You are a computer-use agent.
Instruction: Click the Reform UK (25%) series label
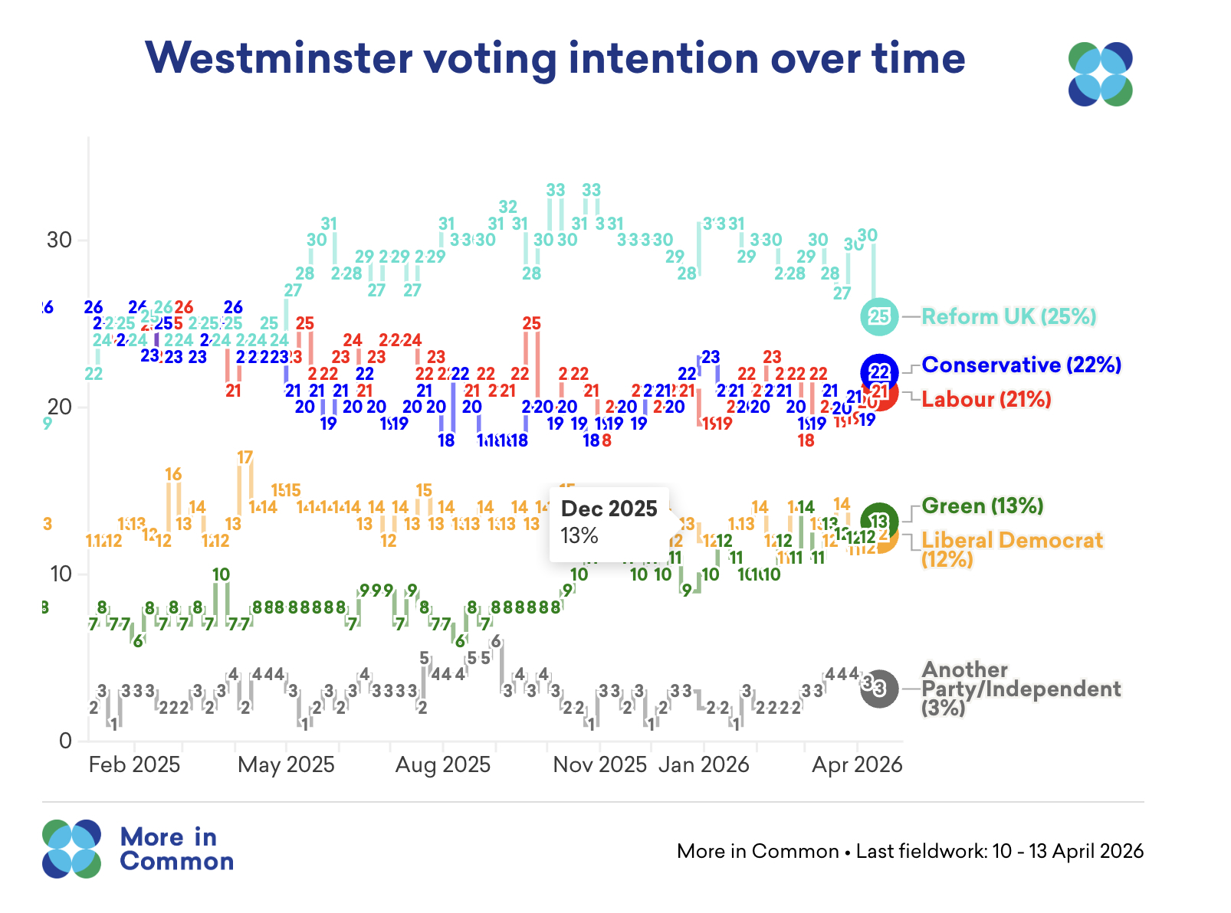click(1009, 316)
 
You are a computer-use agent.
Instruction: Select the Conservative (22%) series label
click(1021, 365)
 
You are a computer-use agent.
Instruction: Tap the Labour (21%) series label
click(986, 399)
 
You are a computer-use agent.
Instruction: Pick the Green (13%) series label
click(982, 506)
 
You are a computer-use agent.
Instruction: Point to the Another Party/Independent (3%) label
click(1020, 689)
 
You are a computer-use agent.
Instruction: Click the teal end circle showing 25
click(879, 316)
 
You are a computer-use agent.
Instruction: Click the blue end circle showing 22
click(880, 372)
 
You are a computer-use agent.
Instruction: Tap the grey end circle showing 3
click(879, 689)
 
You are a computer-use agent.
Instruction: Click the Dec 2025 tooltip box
click(609, 523)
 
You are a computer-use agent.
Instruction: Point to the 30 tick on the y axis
click(59, 240)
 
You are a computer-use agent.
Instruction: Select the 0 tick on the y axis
click(65, 741)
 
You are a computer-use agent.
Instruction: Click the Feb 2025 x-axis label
click(134, 764)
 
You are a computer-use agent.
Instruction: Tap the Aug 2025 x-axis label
click(443, 764)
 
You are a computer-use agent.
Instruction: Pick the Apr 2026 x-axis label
click(857, 764)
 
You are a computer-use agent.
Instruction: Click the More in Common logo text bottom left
click(176, 849)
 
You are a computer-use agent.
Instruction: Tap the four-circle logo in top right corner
click(1100, 74)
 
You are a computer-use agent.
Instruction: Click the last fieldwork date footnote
click(910, 851)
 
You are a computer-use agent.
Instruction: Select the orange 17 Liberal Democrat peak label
click(245, 458)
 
